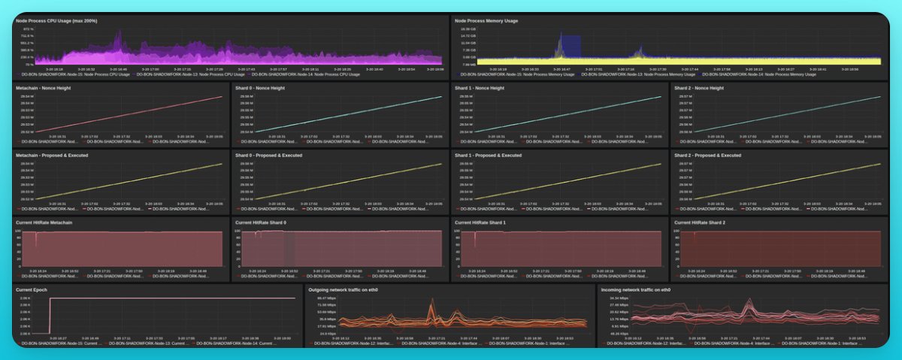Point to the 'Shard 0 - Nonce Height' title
tap(260, 88)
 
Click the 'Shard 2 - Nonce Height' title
tap(699, 88)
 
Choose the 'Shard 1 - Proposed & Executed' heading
tap(488, 156)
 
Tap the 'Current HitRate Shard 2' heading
tap(706, 222)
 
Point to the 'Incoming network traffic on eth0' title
tap(635, 289)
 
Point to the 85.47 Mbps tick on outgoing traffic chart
tap(326, 298)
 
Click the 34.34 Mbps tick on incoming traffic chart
tap(619, 298)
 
